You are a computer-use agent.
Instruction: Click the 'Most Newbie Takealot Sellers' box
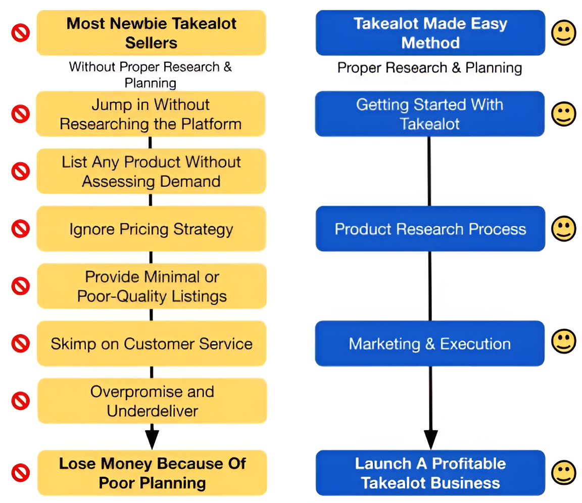click(151, 33)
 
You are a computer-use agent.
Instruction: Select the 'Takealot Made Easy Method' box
click(430, 33)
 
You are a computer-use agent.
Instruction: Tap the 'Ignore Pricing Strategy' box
click(151, 229)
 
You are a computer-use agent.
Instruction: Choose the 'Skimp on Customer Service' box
click(151, 343)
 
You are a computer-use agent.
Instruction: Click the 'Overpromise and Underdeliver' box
click(152, 401)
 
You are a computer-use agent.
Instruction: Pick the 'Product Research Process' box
click(430, 229)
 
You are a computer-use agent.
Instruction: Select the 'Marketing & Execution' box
click(429, 343)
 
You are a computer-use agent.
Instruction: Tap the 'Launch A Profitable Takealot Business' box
click(430, 473)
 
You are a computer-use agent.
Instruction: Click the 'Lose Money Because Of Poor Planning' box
click(152, 473)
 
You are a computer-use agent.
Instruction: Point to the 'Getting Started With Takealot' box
click(429, 114)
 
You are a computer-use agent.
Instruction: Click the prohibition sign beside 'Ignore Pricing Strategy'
click(21, 229)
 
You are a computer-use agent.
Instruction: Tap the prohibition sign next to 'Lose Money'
click(21, 473)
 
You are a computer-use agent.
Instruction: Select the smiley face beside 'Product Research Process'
click(563, 228)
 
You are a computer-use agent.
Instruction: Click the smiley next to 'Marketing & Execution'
click(563, 342)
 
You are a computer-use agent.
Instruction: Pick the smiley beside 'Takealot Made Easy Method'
click(563, 33)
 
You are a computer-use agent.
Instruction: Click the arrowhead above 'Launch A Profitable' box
click(430, 438)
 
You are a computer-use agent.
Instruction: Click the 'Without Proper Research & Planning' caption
click(151, 74)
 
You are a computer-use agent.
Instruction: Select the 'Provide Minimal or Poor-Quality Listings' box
click(152, 286)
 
